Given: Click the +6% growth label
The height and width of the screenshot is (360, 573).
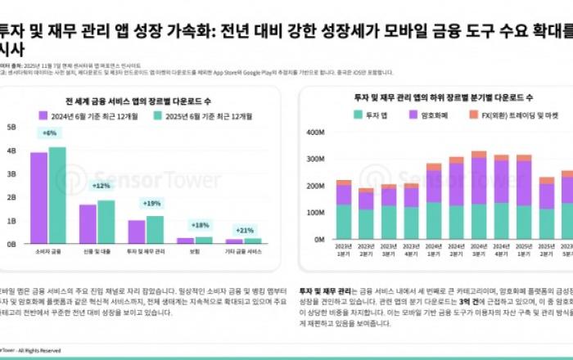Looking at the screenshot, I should click(x=49, y=133).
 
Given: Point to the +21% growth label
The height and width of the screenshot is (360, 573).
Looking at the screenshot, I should click(x=243, y=230).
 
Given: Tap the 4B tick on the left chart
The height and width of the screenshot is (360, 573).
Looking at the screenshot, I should click(x=12, y=151).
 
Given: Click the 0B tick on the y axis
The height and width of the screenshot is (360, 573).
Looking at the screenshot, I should click(x=12, y=244).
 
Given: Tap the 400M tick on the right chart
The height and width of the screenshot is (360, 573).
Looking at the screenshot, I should click(x=315, y=133).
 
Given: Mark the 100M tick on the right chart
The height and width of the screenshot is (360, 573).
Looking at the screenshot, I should click(x=315, y=213).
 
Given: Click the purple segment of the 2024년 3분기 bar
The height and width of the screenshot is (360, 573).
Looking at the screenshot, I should click(x=479, y=180).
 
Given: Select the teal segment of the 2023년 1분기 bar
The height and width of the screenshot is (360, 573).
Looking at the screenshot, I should click(x=345, y=222).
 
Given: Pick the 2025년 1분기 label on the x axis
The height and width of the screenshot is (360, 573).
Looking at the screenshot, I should click(x=523, y=250).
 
